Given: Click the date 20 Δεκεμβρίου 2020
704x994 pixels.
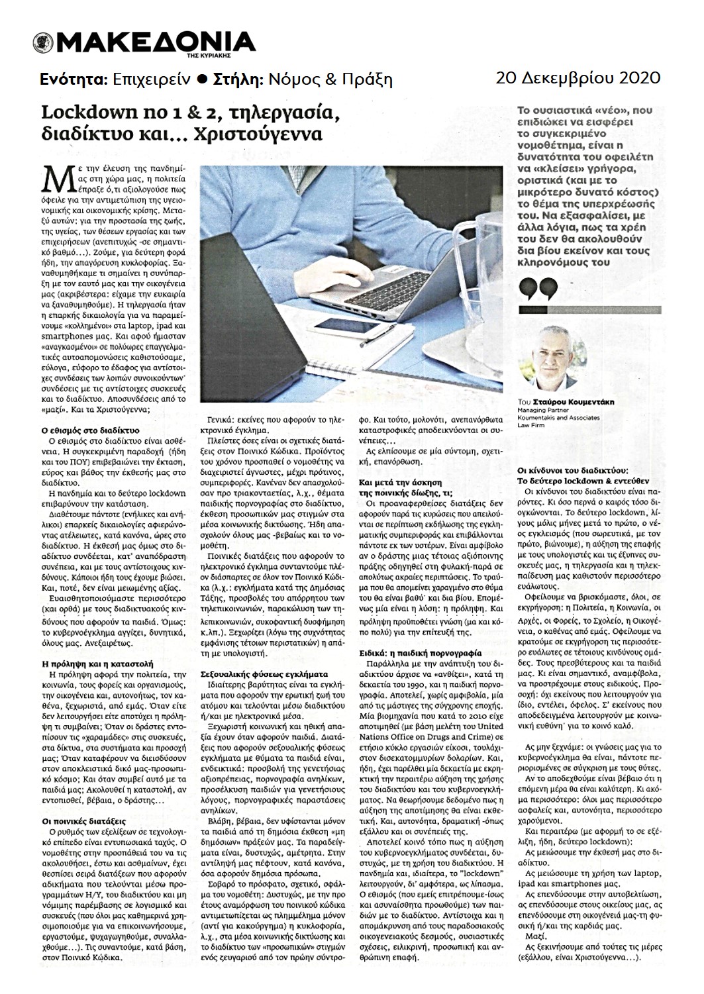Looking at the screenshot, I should coord(578,78).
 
